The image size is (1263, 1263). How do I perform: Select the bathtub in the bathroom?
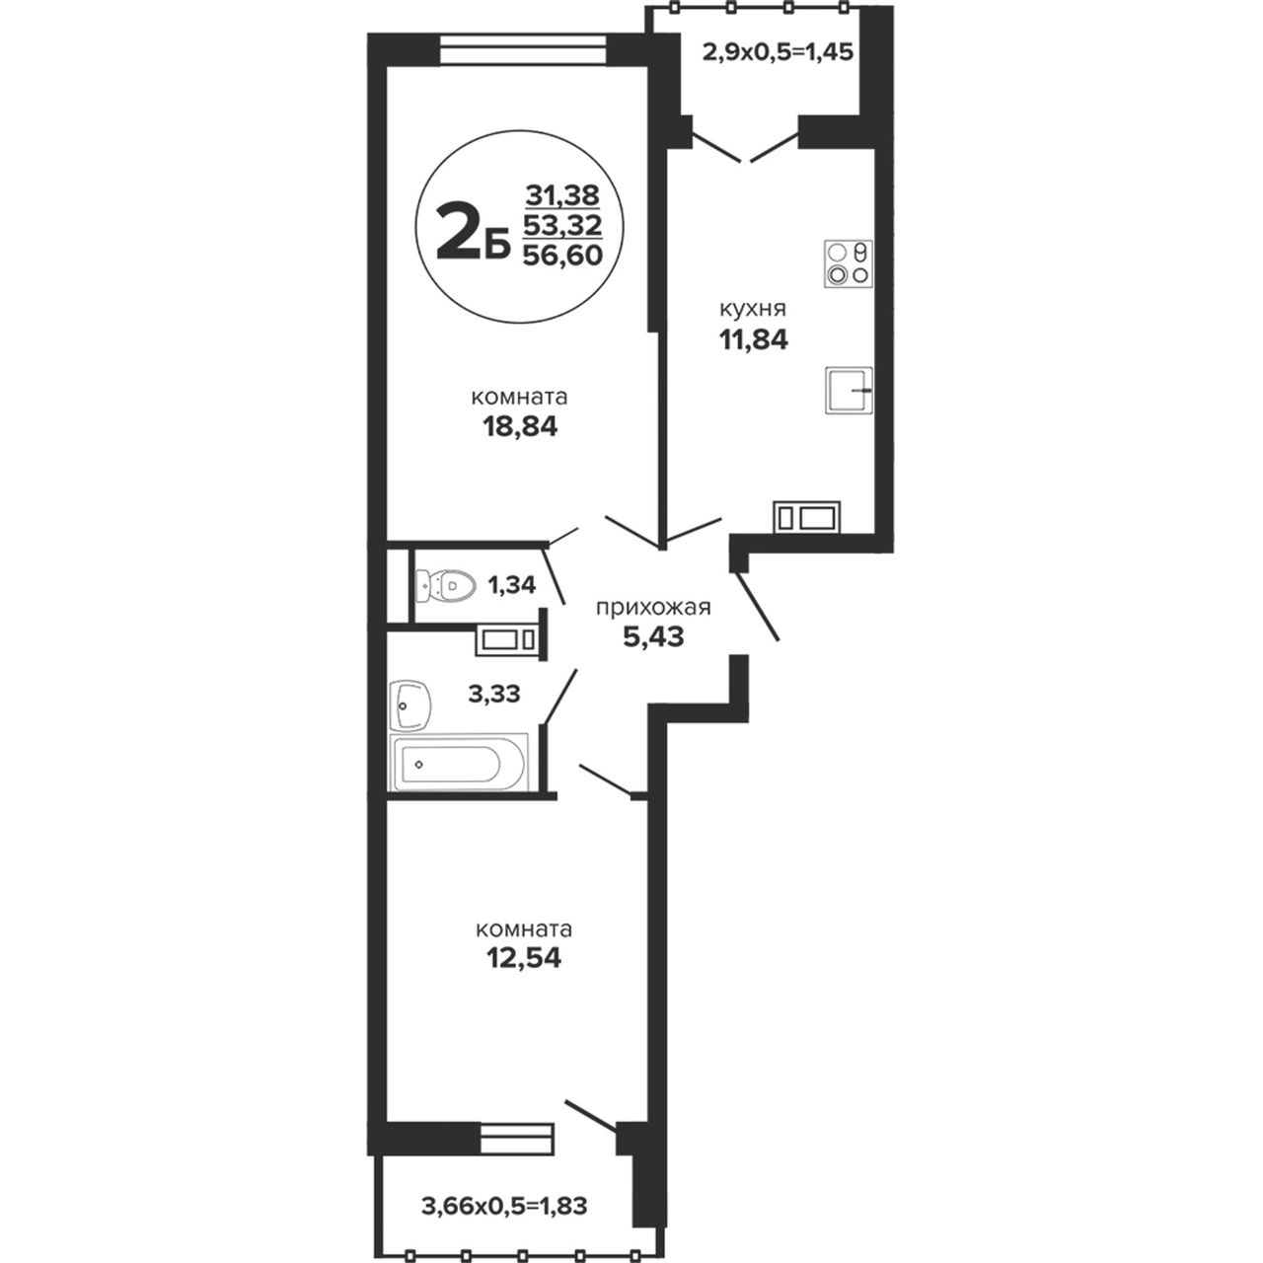pos(458,763)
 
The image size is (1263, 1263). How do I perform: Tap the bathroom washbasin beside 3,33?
pos(409,704)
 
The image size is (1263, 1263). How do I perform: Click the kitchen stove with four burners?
pos(849,264)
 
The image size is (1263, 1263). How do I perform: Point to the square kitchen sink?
pos(849,390)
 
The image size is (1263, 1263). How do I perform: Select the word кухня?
pos(753,308)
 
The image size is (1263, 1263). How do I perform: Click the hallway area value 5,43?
pos(653,636)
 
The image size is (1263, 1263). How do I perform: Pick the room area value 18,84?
pos(520,426)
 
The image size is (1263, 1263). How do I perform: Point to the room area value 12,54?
pos(524,959)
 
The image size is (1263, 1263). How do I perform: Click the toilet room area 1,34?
pos(512,585)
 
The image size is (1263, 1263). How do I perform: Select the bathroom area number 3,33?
pos(494,693)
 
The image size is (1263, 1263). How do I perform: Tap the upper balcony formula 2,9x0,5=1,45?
pos(778,51)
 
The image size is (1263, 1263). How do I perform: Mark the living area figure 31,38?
pos(562,194)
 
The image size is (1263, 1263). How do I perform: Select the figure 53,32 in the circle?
pos(562,225)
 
